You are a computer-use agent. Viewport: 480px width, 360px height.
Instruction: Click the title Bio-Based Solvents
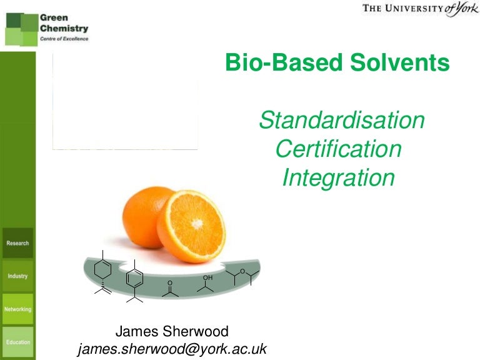[x=337, y=63]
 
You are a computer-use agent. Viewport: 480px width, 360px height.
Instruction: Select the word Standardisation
[x=341, y=120]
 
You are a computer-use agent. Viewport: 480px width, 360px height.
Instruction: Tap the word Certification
[x=338, y=149]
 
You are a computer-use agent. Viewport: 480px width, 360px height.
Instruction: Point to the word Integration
[x=338, y=177]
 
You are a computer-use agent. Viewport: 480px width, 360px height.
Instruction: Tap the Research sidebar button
[x=17, y=242]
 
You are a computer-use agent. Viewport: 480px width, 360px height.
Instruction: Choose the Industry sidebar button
[x=17, y=276]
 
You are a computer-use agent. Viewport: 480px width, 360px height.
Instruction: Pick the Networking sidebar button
[x=17, y=309]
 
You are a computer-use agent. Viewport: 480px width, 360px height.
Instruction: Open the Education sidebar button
[x=17, y=342]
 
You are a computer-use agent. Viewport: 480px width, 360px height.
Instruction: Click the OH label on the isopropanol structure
[x=207, y=277]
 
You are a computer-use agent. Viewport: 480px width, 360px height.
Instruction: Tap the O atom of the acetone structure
[x=169, y=282]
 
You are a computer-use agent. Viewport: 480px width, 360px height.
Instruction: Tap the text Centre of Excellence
[x=64, y=38]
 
